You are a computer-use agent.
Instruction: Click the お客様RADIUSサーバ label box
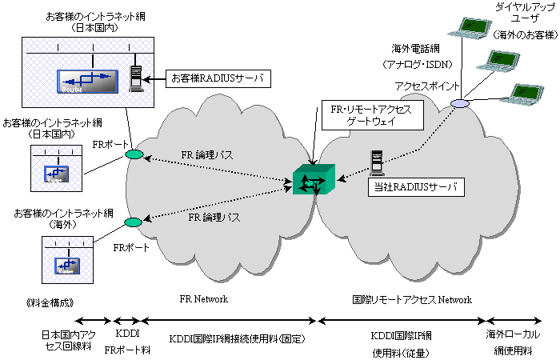pos(218,78)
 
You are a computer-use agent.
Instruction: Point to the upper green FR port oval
pos(134,154)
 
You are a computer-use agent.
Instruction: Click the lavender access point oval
pos(460,104)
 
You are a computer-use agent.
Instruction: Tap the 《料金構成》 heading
pos(50,303)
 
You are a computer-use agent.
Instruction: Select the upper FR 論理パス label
pos(206,154)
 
